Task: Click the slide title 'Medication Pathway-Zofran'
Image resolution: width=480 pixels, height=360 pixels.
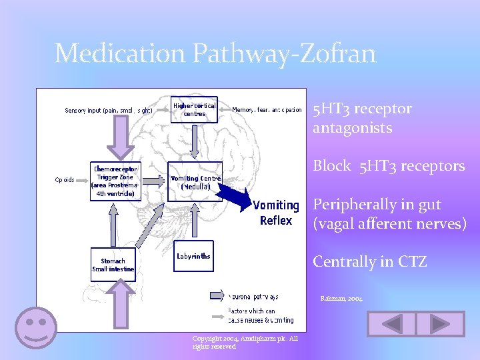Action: (215, 53)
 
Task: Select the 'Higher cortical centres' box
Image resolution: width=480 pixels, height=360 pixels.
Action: (194, 110)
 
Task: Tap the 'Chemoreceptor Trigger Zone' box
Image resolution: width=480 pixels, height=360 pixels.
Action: (115, 181)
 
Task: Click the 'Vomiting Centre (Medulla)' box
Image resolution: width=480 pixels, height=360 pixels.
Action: (195, 182)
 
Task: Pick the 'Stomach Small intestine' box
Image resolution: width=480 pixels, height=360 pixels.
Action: (113, 265)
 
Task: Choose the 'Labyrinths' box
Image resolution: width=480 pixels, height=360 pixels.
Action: (194, 256)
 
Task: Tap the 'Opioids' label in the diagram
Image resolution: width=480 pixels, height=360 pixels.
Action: (65, 179)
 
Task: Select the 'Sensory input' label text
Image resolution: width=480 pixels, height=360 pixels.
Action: (109, 110)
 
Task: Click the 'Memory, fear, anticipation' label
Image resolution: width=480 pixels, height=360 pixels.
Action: (267, 110)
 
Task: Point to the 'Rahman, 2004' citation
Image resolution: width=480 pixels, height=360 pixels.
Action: (341, 299)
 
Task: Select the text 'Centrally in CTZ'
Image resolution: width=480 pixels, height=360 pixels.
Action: (370, 261)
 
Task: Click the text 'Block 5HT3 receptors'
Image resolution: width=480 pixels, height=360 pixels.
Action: (389, 166)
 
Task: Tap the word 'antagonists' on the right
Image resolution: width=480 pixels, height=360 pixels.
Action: (352, 127)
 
